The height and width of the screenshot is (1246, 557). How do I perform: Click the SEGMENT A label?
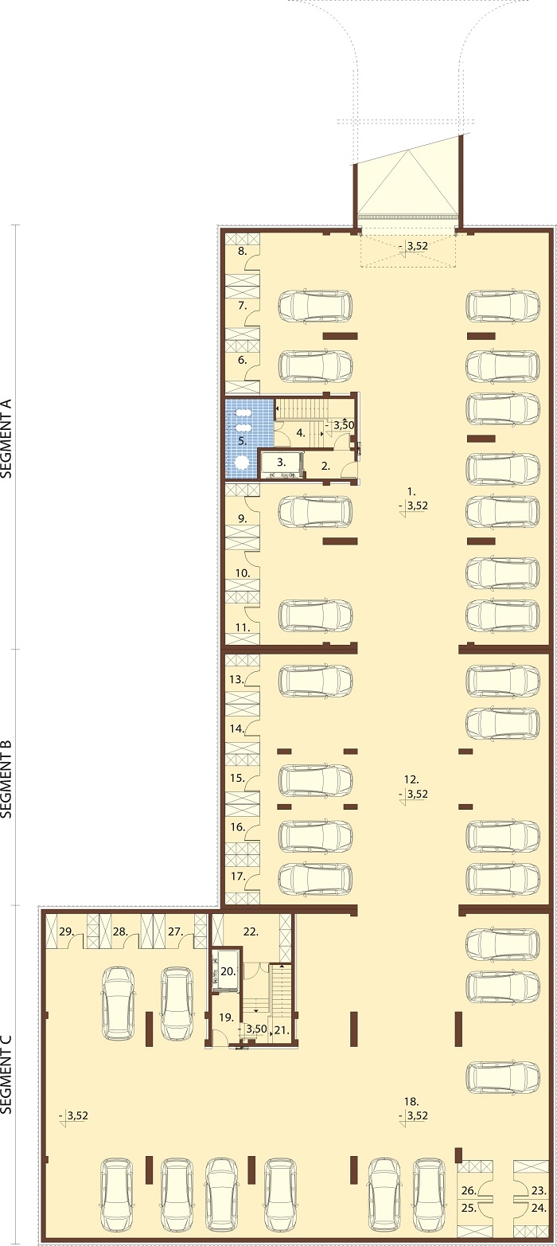pos(6,439)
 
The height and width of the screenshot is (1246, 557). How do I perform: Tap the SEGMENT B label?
pos(6,778)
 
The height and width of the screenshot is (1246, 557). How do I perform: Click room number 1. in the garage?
pos(411,491)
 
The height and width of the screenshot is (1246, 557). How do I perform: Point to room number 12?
pos(411,779)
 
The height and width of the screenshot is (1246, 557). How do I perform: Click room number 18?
pos(411,1101)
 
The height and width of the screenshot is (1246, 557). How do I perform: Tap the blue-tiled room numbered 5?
pos(243,441)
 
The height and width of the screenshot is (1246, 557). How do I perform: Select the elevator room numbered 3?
pos(281,463)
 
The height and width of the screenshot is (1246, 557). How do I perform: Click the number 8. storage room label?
pos(243,251)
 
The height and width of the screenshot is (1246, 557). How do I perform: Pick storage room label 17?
pos(238,876)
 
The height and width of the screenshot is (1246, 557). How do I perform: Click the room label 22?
pos(251,932)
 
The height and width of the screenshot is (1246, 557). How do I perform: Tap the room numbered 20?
pos(228,972)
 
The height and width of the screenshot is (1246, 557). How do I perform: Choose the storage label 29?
pos(66,932)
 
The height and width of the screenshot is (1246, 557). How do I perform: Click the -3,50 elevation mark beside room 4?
pos(341,425)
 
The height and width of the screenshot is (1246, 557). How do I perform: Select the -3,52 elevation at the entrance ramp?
pos(414,246)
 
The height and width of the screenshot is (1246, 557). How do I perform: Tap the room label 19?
pos(226,1018)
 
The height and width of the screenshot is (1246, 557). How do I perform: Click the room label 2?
pos(325,467)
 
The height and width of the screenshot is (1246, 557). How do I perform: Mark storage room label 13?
pos(237,679)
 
